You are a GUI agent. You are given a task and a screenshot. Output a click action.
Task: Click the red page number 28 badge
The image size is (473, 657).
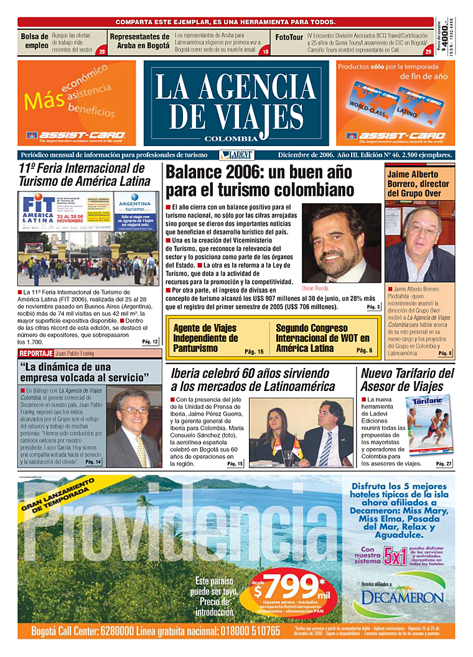tap(101, 52)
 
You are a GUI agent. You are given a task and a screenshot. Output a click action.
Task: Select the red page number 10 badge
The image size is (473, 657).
tap(265, 52)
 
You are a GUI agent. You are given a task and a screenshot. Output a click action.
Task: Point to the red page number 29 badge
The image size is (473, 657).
tap(428, 52)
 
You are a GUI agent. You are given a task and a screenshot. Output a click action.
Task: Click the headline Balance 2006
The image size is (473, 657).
tap(259, 181)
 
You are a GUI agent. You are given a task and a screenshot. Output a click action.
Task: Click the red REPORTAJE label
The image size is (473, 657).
tap(35, 354)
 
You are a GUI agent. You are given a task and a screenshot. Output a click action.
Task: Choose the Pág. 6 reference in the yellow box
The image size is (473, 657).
tap(364, 351)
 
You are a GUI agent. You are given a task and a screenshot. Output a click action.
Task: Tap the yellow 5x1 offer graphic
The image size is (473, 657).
tap(395, 554)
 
